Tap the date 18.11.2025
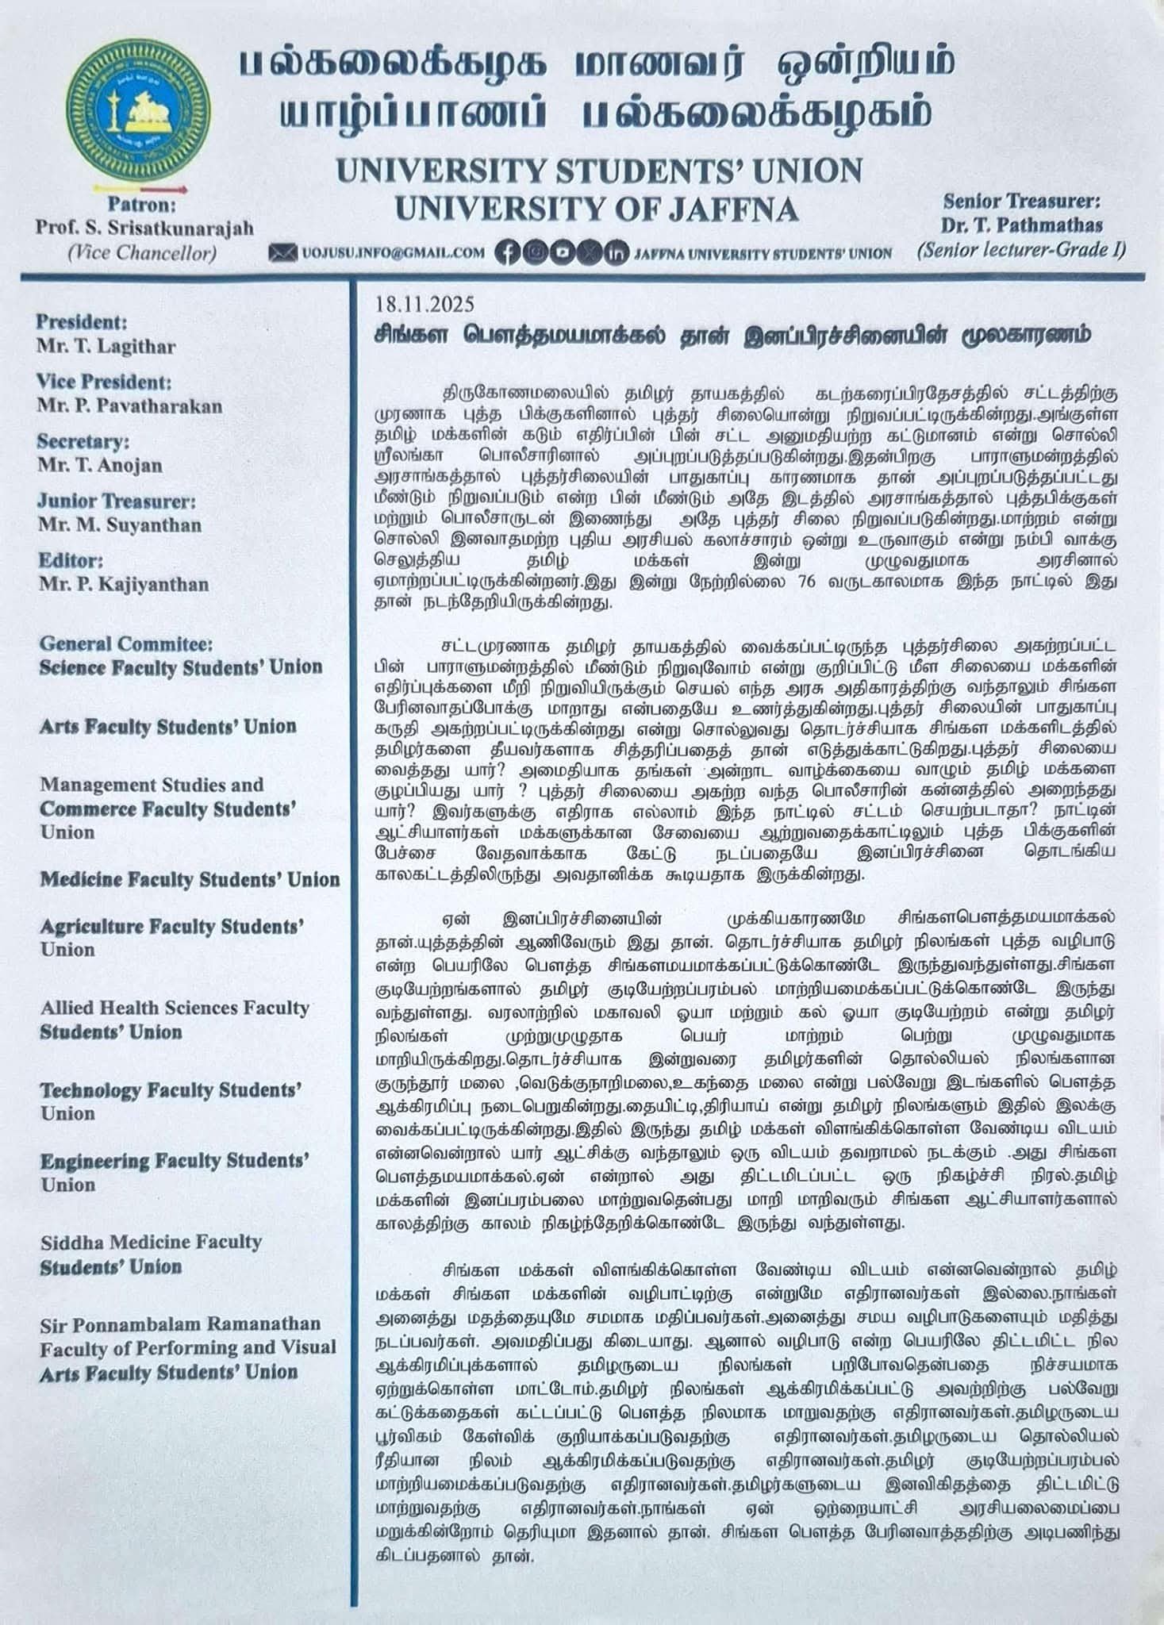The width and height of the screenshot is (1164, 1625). (424, 305)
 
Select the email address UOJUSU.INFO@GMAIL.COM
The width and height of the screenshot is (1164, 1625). (392, 253)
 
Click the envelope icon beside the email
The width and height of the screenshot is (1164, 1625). (282, 253)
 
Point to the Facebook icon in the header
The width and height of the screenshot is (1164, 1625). (507, 252)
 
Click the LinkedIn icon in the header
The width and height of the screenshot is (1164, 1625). (615, 252)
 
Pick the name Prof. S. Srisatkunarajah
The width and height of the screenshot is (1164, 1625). (144, 228)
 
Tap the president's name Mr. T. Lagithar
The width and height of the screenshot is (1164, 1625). (106, 347)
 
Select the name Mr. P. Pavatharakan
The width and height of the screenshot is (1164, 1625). (129, 405)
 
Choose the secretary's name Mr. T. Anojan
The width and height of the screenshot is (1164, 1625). (100, 466)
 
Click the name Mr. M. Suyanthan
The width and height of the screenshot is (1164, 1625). (120, 524)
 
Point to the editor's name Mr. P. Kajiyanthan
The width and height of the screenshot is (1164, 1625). (124, 585)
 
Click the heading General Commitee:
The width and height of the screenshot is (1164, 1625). (126, 643)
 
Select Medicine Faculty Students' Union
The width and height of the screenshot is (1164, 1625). (190, 879)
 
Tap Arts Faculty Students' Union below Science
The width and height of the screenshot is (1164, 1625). (168, 726)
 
